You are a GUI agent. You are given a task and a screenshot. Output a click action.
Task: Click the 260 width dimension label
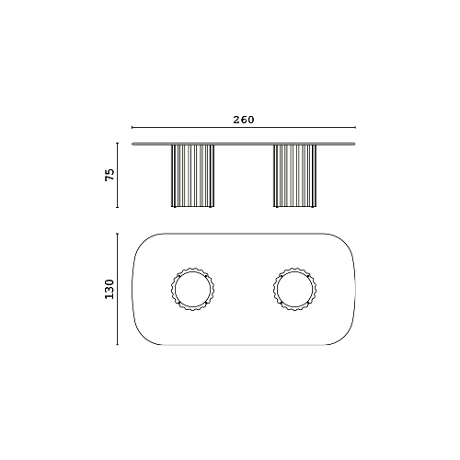point(244,120)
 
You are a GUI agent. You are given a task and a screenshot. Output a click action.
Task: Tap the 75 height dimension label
point(109,175)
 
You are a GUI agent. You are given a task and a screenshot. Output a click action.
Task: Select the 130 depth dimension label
point(109,289)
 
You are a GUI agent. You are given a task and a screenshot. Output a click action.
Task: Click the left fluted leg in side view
point(192,176)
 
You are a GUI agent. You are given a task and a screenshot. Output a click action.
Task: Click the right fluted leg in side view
point(294,176)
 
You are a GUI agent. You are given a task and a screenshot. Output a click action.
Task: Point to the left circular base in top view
point(171,289)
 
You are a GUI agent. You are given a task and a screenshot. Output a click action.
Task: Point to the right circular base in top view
point(273,289)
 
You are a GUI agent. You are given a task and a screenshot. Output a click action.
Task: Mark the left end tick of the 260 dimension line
point(132,127)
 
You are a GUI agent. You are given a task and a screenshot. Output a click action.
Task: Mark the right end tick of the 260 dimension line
point(355,127)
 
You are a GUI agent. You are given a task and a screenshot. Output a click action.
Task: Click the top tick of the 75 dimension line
point(117,144)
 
